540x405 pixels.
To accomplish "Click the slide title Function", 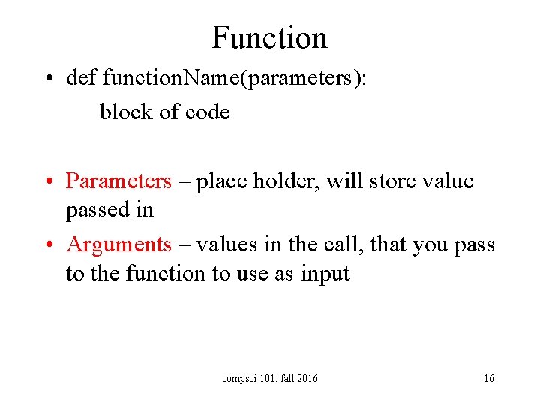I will pos(269,37).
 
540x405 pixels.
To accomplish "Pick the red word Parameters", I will pos(118,181).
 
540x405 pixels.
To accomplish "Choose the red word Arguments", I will pos(118,244).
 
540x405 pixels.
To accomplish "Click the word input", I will pos(325,274).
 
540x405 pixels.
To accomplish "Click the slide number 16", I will pos(488,378).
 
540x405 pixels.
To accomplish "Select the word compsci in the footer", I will pos(238,379).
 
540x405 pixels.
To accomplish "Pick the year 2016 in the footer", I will pos(307,378).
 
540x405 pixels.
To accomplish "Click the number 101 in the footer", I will pos(265,378).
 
